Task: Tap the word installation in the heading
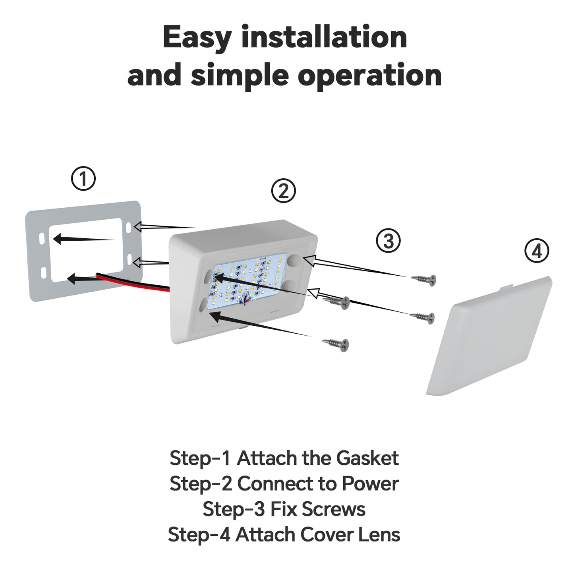click(x=324, y=37)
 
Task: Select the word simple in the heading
click(x=240, y=75)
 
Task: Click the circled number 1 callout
click(x=83, y=179)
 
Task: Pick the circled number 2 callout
click(x=283, y=191)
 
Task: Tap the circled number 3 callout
click(x=388, y=241)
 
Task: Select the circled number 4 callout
click(x=537, y=251)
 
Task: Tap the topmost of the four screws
click(x=424, y=279)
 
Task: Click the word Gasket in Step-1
click(x=367, y=458)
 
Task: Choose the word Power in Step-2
click(x=370, y=484)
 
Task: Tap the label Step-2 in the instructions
click(x=200, y=484)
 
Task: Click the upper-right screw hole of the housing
click(x=294, y=261)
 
